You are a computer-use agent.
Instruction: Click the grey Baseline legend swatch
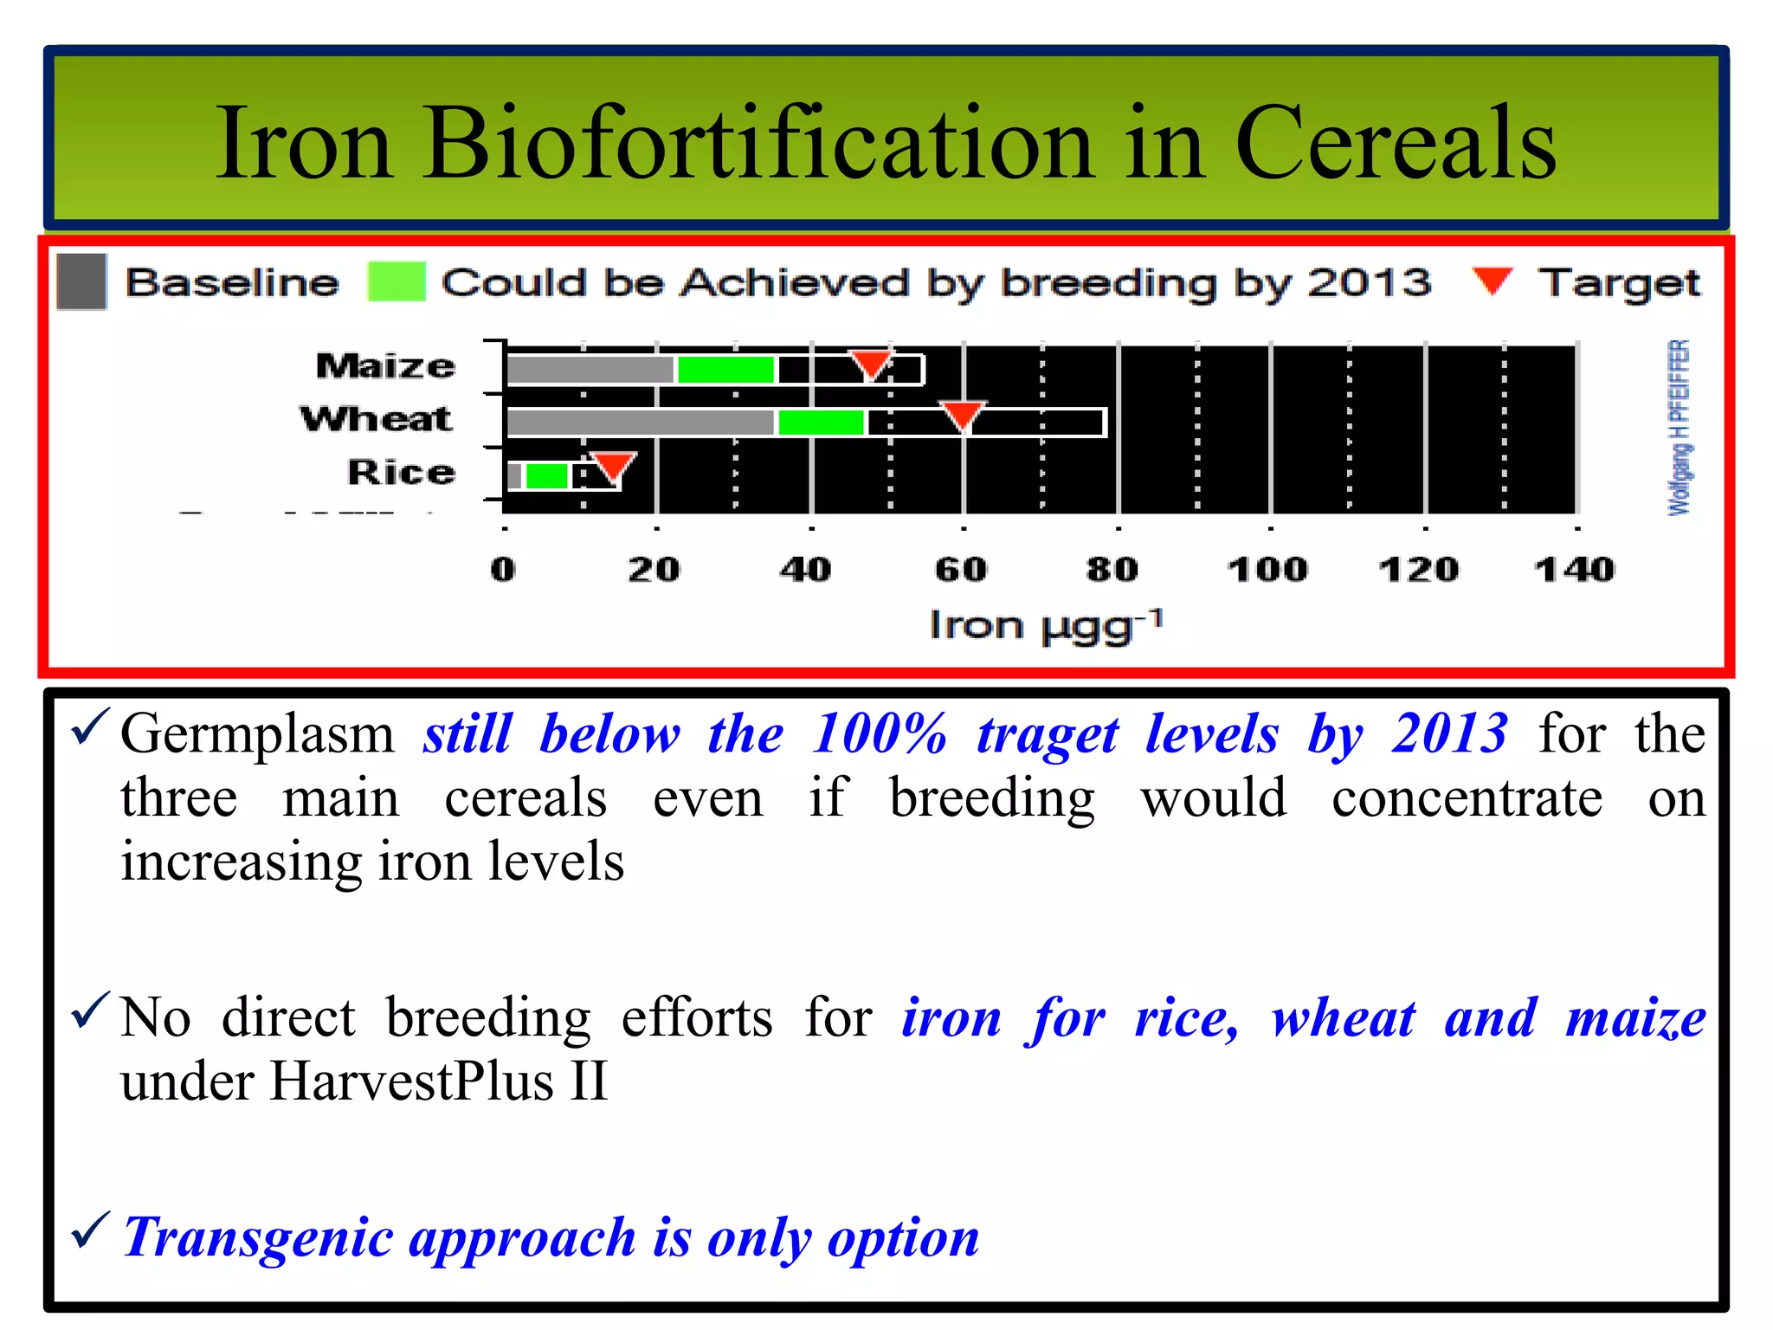click(x=81, y=281)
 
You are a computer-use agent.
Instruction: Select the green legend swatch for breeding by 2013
click(x=397, y=281)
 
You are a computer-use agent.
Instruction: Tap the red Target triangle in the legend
click(x=1492, y=279)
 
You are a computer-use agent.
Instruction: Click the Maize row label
click(x=385, y=366)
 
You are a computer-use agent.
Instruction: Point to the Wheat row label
click(x=376, y=419)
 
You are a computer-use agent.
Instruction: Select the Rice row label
click(x=401, y=473)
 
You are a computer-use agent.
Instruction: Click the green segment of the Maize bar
click(x=725, y=370)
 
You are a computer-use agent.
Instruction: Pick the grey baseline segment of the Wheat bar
click(x=640, y=423)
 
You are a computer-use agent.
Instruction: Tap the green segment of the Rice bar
click(x=546, y=475)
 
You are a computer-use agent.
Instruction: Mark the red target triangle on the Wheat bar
click(x=962, y=414)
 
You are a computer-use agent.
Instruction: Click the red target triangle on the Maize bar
click(x=870, y=362)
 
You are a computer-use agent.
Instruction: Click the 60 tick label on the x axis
click(x=961, y=570)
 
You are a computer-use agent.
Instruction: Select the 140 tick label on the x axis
click(x=1574, y=570)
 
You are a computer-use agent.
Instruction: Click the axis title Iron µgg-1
click(x=1046, y=625)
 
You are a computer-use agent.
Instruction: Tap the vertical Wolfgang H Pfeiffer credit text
click(x=1678, y=428)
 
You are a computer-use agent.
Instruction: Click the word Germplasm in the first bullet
click(x=257, y=734)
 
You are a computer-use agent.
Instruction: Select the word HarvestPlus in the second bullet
click(x=411, y=1081)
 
